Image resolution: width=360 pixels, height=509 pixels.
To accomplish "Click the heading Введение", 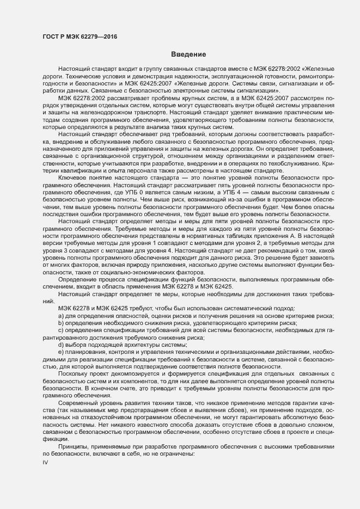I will coord(188,54).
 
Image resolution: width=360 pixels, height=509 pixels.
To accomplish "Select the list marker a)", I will coord(62,316).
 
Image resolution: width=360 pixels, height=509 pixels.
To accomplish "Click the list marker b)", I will coord(62,323).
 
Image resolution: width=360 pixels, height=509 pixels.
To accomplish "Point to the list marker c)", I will coord(62,330).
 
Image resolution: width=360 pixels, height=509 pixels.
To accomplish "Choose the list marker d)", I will coord(62,345).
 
